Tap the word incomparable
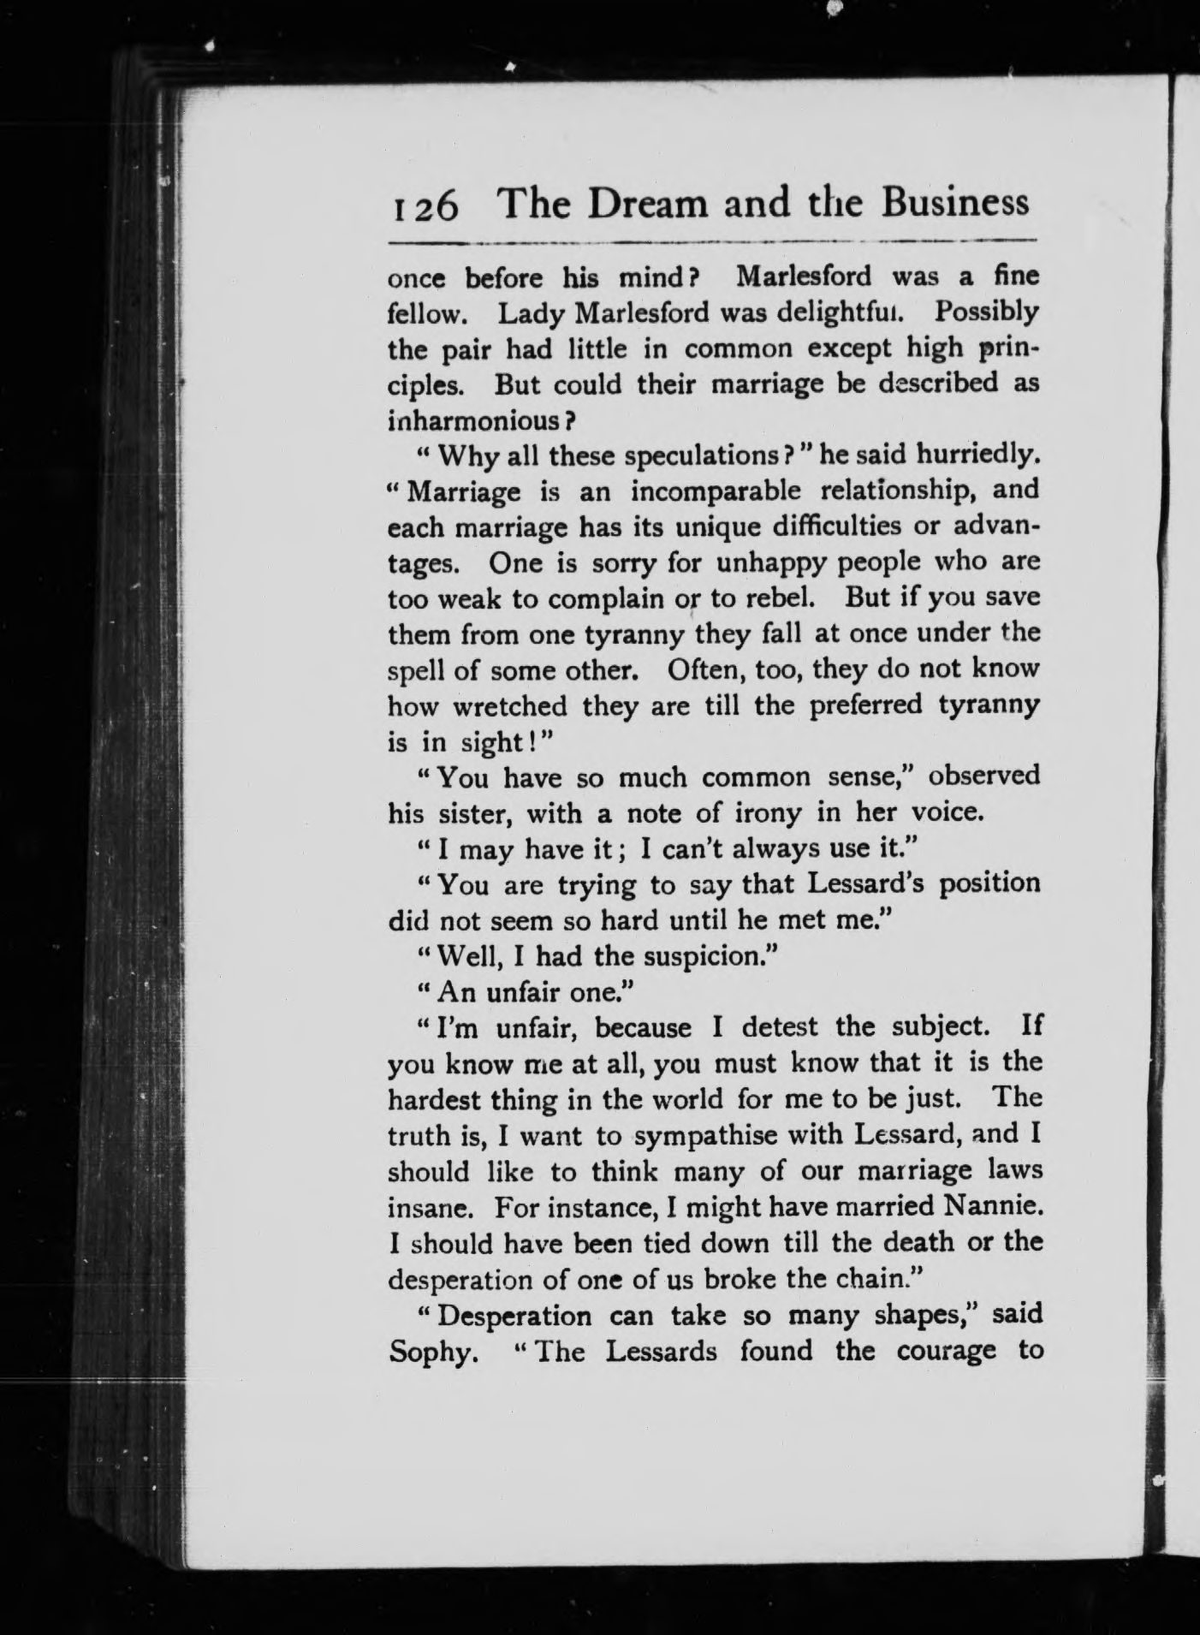(x=716, y=491)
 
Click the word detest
(x=781, y=1026)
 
